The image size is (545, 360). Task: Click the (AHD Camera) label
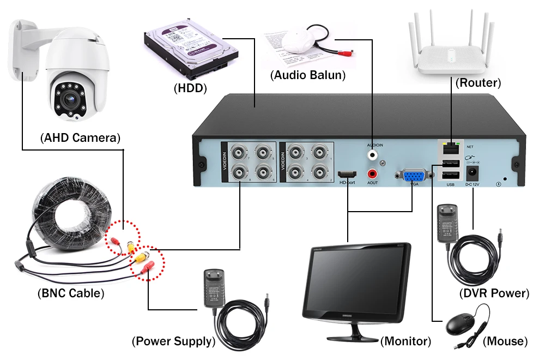(80, 137)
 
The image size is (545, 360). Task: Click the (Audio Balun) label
(308, 75)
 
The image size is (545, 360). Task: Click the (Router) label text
(478, 83)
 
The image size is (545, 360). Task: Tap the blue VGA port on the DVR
(414, 177)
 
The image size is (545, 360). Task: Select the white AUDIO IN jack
(373, 155)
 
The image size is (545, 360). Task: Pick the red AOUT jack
(373, 174)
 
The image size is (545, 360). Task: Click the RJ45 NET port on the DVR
(451, 147)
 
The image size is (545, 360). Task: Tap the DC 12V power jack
(472, 175)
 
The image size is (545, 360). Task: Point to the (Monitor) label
(405, 341)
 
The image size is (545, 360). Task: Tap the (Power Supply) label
(173, 342)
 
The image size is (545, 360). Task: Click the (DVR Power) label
(494, 293)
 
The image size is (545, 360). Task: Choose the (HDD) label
(190, 87)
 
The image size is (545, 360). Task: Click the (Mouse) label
(505, 342)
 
